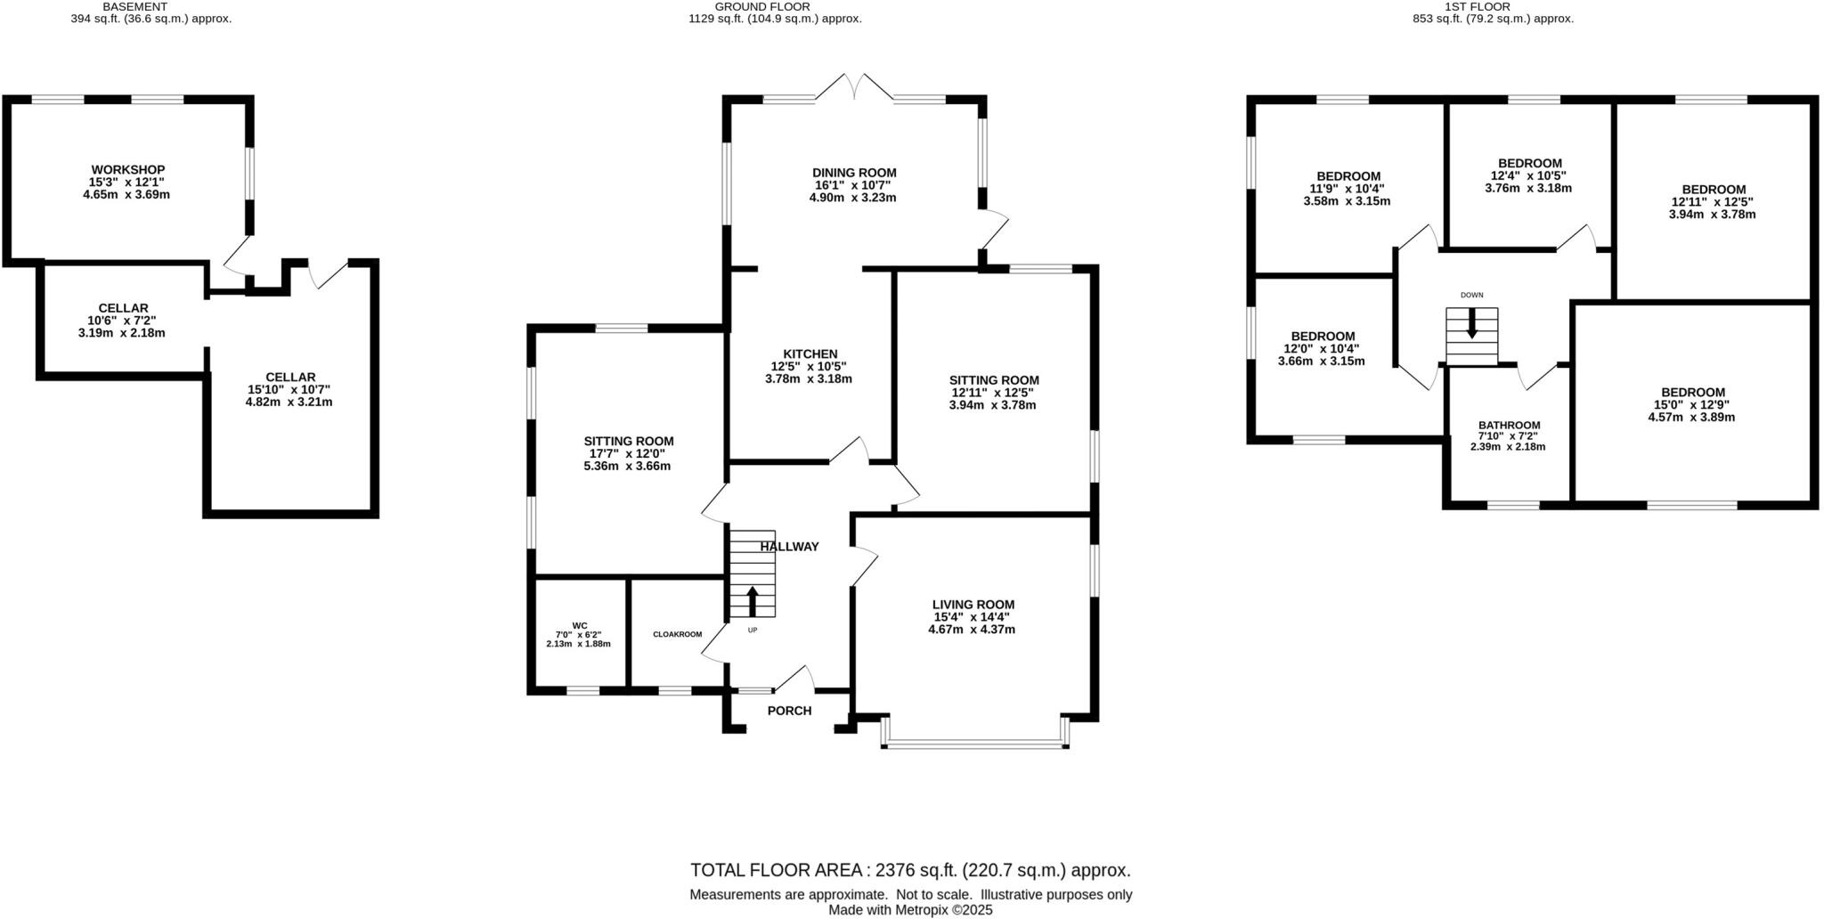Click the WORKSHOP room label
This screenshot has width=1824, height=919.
point(128,169)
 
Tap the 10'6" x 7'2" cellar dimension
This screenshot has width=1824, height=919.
point(122,321)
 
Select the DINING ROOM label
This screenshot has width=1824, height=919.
point(853,173)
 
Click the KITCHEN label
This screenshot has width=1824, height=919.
point(810,354)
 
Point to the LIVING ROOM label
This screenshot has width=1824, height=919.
point(973,605)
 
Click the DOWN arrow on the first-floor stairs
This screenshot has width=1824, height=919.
point(1471,322)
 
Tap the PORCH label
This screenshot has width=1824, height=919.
point(789,711)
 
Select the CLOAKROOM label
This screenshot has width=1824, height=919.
point(677,634)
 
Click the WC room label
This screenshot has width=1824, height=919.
point(579,625)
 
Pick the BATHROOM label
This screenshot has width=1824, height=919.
point(1509,425)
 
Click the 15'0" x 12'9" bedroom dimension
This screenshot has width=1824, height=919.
point(1692,404)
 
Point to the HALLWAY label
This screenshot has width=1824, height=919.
point(789,547)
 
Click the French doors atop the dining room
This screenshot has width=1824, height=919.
point(854,87)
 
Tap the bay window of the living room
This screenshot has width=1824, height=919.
point(975,742)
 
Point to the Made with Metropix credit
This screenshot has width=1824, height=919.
point(910,910)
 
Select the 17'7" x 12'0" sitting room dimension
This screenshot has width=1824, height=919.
point(628,453)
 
